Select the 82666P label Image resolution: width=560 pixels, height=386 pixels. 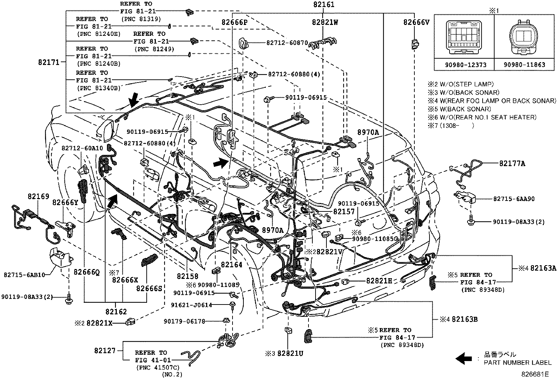click(x=235, y=22)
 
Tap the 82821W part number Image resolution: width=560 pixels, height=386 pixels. click(x=325, y=22)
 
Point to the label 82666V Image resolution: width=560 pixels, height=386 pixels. click(x=416, y=22)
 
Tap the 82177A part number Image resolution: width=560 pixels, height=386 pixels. click(x=512, y=163)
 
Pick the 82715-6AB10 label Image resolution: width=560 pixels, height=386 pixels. click(x=25, y=275)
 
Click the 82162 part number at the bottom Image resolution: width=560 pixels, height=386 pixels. click(x=116, y=311)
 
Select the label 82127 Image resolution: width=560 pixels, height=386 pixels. click(x=105, y=351)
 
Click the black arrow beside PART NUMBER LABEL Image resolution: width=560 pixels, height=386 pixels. click(x=464, y=358)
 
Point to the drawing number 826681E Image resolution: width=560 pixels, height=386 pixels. click(x=535, y=374)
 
